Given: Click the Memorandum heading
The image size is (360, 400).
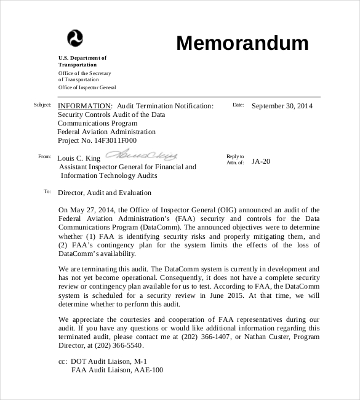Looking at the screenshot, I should click(242, 43).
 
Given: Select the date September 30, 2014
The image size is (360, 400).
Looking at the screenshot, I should click(282, 106).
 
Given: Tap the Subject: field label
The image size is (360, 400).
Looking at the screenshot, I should click(42, 105).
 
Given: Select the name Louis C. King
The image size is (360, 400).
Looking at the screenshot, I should click(78, 158).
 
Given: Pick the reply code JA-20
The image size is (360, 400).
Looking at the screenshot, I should click(261, 162).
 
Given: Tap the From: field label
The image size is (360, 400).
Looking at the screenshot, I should click(44, 157).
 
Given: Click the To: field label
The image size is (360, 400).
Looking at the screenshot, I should click(47, 192).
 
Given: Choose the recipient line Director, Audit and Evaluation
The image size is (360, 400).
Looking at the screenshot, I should click(105, 193).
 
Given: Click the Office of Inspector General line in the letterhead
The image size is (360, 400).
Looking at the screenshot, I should click(87, 87).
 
